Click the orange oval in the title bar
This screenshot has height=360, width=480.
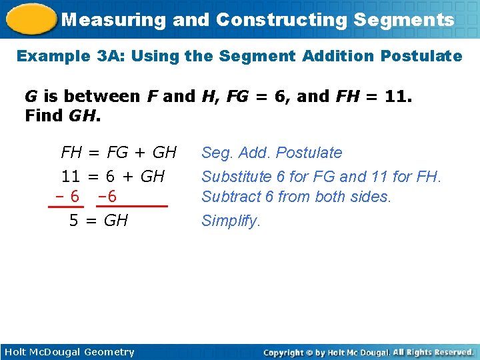point(31,19)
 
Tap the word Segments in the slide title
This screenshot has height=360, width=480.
point(404,19)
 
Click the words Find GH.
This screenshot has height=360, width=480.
point(63,117)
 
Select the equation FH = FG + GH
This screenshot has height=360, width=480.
point(119,153)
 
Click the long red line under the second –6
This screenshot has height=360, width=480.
point(139,207)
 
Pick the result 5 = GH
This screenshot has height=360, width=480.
point(99,221)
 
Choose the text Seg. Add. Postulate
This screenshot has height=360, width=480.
point(271,153)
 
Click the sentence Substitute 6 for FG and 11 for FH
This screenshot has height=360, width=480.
point(321,177)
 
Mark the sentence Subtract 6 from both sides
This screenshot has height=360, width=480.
point(295,197)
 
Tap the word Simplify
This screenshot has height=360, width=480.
point(230,221)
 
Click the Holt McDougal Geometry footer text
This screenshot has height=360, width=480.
point(69,352)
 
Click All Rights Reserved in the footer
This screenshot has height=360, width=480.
point(432,352)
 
